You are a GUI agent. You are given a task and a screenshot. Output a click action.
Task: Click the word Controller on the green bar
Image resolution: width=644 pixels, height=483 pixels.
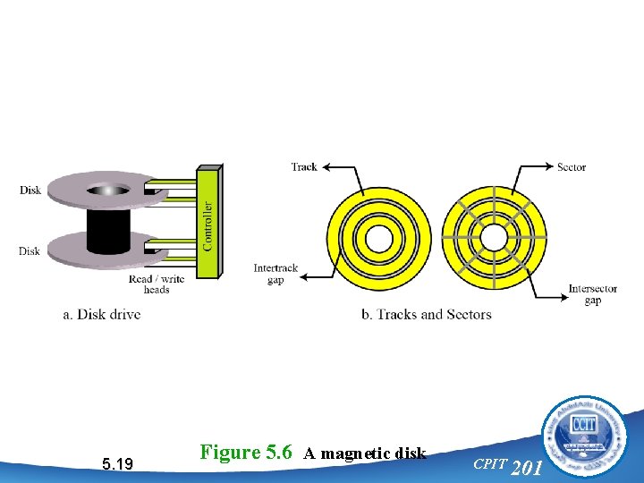(208, 225)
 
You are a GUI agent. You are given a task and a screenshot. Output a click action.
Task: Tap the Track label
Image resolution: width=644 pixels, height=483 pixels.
(304, 167)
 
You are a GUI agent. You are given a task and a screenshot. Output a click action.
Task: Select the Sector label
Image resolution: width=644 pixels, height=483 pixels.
(572, 167)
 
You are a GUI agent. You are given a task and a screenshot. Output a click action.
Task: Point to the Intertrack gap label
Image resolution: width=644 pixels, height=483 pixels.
(275, 274)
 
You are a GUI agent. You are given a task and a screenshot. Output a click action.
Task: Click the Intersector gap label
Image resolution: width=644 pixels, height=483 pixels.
(592, 294)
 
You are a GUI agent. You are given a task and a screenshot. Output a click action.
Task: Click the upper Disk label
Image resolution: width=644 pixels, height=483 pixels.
(30, 190)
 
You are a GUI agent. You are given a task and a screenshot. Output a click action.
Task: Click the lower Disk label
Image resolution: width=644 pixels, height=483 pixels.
(30, 251)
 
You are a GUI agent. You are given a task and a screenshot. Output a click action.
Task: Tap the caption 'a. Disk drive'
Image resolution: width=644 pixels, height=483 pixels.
(102, 314)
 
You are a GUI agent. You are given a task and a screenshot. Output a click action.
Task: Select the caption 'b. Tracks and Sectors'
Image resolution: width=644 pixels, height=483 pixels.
(426, 314)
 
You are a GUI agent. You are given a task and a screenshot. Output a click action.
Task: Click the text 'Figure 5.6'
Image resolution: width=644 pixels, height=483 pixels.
(246, 452)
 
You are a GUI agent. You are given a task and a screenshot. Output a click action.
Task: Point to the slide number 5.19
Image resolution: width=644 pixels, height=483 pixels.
(118, 463)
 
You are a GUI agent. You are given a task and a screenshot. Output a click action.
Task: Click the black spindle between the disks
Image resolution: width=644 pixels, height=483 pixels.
(109, 231)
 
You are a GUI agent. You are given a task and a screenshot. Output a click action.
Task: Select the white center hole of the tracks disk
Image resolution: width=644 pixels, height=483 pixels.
(378, 238)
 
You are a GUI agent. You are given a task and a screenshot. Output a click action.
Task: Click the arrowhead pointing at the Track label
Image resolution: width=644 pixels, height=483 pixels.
(325, 167)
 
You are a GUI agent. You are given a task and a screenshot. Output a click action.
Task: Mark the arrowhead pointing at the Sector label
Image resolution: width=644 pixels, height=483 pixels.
(549, 167)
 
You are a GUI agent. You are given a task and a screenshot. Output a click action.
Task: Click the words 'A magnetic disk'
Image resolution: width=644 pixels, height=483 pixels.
(364, 453)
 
